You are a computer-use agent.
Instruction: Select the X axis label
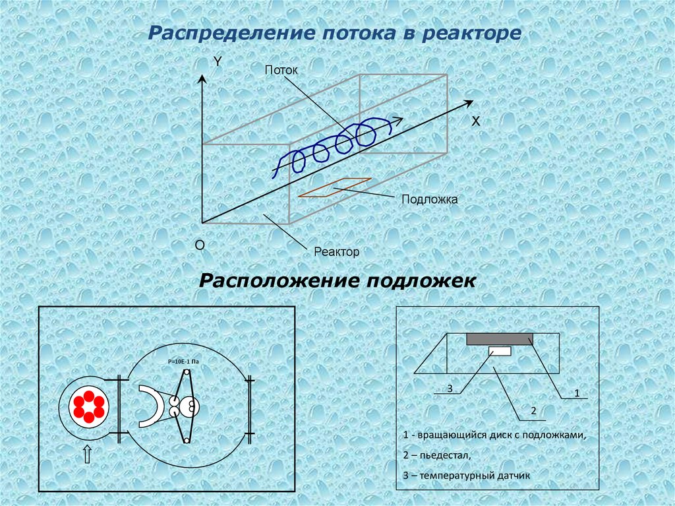(x=475, y=122)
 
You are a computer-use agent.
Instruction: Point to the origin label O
(x=200, y=245)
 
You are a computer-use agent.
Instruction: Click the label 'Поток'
(x=281, y=70)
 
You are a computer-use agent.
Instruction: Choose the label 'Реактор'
(x=336, y=252)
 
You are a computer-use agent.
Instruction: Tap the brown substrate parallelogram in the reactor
(x=334, y=187)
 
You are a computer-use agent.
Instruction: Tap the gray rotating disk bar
(x=500, y=339)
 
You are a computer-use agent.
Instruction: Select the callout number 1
(x=576, y=393)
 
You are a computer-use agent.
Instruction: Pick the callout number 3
(x=449, y=389)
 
